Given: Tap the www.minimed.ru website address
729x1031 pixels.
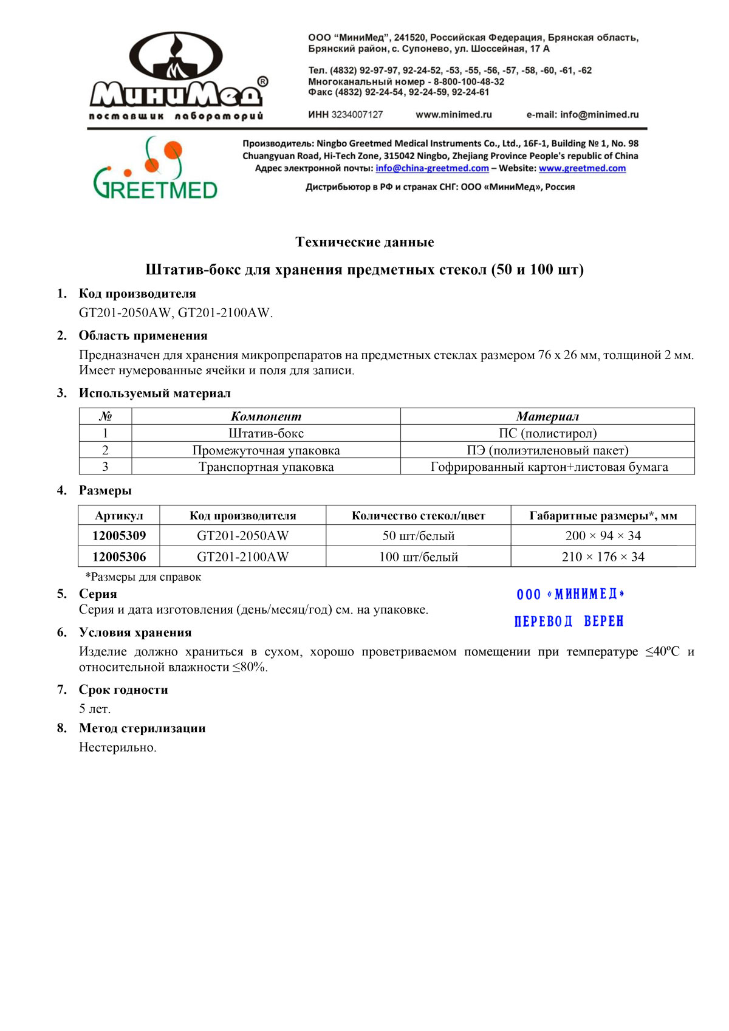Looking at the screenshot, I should click(454, 114).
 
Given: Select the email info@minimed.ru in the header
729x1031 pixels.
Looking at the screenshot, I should click(599, 114).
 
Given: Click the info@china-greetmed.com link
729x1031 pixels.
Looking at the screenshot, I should click(432, 168).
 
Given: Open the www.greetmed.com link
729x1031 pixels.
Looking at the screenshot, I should click(582, 168).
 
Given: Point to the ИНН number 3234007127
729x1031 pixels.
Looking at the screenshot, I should click(357, 114).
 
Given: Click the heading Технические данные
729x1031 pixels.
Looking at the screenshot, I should click(364, 242).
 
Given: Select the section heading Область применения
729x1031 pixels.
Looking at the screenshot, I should click(143, 335).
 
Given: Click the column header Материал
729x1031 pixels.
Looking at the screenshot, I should click(547, 416).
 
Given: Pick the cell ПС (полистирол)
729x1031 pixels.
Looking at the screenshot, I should click(547, 433).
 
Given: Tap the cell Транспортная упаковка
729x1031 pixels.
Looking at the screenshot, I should click(266, 467).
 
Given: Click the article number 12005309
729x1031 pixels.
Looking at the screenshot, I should click(119, 535).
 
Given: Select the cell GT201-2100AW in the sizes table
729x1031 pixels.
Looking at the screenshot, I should click(242, 557).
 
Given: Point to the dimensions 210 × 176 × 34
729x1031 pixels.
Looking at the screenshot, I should click(603, 557).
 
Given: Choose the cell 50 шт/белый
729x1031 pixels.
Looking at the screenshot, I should click(418, 535).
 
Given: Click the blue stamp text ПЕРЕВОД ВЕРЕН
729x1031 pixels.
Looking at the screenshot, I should click(569, 621).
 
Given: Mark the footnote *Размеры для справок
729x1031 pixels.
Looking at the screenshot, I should click(143, 577).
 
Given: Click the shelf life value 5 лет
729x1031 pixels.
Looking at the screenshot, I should click(95, 708).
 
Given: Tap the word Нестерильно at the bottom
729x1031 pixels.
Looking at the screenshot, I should click(118, 747).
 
